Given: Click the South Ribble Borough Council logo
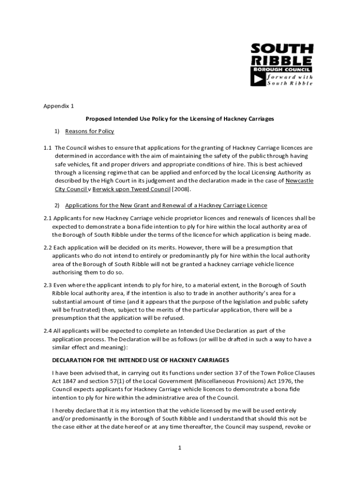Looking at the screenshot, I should click(x=282, y=64).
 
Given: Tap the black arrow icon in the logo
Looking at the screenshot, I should click(x=258, y=80).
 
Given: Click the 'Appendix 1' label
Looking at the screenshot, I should click(x=59, y=106).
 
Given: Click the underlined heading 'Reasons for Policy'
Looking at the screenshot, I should click(x=89, y=131).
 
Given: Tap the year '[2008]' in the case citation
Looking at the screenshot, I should click(x=182, y=189).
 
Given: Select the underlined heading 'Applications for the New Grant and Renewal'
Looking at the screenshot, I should click(x=166, y=205).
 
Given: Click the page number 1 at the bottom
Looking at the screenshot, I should click(x=179, y=448).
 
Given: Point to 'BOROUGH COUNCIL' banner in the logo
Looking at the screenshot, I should click(x=281, y=69).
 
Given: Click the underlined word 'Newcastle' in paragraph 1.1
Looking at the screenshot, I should click(x=299, y=181).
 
